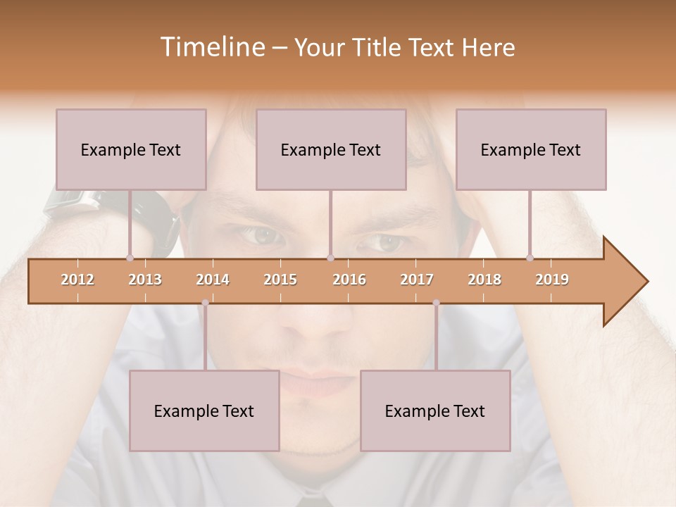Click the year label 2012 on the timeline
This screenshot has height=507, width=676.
tap(77, 280)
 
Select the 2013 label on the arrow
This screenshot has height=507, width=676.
tap(145, 280)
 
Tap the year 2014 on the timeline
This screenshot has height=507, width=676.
tap(213, 280)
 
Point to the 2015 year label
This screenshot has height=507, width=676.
tap(280, 280)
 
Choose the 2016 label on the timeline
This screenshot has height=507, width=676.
tap(349, 280)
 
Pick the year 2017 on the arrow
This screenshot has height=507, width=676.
tap(417, 280)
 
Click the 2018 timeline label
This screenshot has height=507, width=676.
tap(484, 280)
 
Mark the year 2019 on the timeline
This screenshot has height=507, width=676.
tap(552, 280)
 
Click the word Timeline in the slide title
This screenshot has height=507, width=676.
tap(211, 47)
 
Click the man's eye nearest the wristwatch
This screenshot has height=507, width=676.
tap(262, 236)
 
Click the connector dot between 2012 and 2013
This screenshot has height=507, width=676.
tap(130, 258)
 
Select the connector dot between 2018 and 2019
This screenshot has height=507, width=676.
tap(530, 258)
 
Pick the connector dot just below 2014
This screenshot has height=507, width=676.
tap(205, 303)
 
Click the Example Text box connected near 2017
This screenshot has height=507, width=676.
tap(435, 411)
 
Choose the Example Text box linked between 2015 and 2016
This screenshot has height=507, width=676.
tap(331, 149)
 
